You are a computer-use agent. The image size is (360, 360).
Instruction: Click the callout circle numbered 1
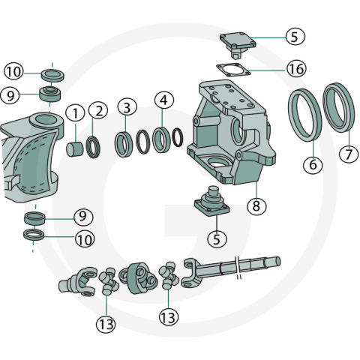pyautogui.click(x=75, y=113)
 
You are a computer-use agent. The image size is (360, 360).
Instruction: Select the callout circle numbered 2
pyautogui.click(x=99, y=111)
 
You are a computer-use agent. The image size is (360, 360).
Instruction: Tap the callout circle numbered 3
pyautogui.click(x=127, y=107)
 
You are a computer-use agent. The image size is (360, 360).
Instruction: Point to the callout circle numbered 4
pyautogui.click(x=163, y=100)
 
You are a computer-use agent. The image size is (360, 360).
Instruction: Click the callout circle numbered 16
pyautogui.click(x=296, y=69)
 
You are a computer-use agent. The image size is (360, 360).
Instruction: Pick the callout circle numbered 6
pyautogui.click(x=313, y=164)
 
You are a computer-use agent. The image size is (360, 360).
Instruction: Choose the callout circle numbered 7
pyautogui.click(x=349, y=154)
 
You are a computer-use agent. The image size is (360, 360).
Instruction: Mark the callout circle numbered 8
pyautogui.click(x=256, y=206)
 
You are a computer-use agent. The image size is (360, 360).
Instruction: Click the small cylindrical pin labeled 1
pyautogui.click(x=75, y=149)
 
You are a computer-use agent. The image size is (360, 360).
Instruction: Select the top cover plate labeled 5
pyautogui.click(x=238, y=44)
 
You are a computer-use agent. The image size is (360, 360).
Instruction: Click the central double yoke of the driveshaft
pyautogui.click(x=139, y=277)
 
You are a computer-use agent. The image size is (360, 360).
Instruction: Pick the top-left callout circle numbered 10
pyautogui.click(x=13, y=72)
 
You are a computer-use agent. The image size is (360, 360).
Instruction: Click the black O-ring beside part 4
pyautogui.click(x=178, y=137)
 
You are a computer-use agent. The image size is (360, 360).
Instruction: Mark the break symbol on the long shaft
pyautogui.click(x=238, y=268)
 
